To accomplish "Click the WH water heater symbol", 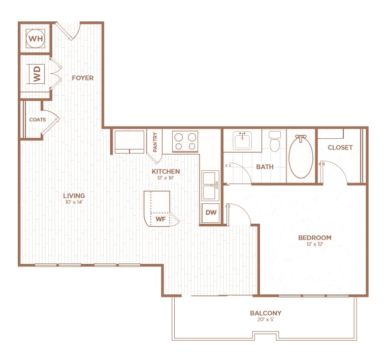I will pyautogui.click(x=36, y=38).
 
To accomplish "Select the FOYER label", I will pyautogui.click(x=82, y=78).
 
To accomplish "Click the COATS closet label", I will pyautogui.click(x=37, y=120).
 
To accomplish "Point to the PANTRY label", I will pyautogui.click(x=155, y=141).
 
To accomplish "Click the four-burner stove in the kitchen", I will pyautogui.click(x=185, y=141).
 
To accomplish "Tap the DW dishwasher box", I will pyautogui.click(x=210, y=214).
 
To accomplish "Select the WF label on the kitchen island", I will pyautogui.click(x=160, y=219).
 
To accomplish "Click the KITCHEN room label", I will pyautogui.click(x=166, y=171).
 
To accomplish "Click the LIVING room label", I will pyautogui.click(x=74, y=196).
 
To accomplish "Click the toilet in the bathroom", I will pyautogui.click(x=275, y=142).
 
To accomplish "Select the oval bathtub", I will pyautogui.click(x=301, y=157).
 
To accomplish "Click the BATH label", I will pyautogui.click(x=265, y=167).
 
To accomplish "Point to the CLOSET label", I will pyautogui.click(x=340, y=147).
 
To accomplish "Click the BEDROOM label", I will pyautogui.click(x=314, y=237).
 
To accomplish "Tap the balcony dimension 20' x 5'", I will pyautogui.click(x=265, y=320).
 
